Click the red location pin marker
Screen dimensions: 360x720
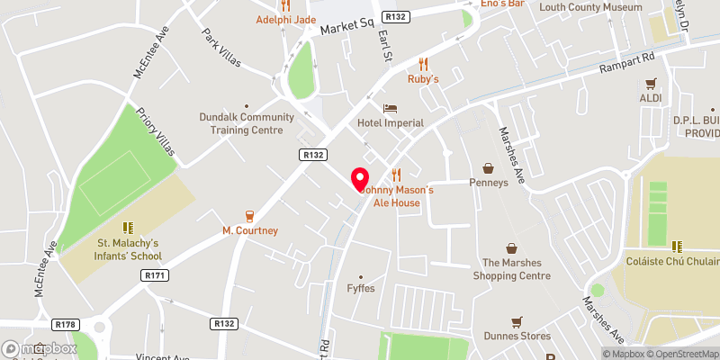360,179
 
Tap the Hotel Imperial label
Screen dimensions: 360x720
390,122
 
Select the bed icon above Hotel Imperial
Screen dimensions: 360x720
390,108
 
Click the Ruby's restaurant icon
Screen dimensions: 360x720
423,64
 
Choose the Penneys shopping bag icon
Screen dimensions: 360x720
488,167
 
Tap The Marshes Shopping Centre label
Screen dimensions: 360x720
516,269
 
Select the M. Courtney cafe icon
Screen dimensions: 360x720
249,216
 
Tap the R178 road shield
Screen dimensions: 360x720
65,324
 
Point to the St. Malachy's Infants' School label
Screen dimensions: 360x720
128,249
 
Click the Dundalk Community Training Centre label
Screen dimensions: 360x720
247,123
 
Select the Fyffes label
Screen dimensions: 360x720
361,288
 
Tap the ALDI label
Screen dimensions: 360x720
651,97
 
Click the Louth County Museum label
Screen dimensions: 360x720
590,7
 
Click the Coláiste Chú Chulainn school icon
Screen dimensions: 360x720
675,246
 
